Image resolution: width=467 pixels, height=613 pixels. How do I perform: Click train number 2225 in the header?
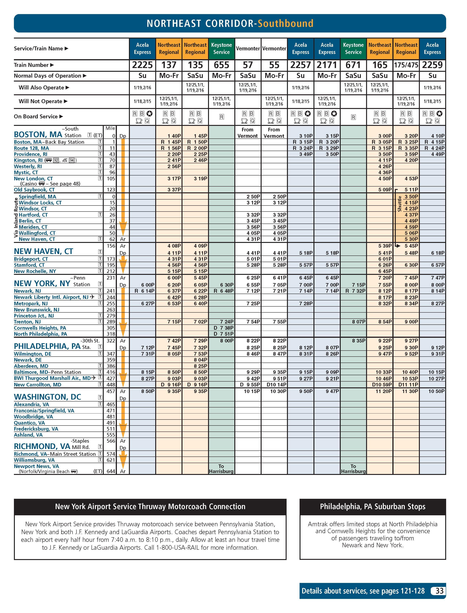(x=142, y=65)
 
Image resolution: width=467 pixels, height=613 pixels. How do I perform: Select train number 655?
(x=222, y=65)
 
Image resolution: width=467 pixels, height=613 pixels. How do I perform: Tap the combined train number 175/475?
(x=406, y=65)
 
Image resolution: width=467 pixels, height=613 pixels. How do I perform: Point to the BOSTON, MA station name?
(x=38, y=135)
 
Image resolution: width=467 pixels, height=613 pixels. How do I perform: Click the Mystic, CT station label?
(x=26, y=172)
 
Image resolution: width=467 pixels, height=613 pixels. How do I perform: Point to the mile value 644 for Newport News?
(x=111, y=471)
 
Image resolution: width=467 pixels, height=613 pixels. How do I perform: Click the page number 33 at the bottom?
(x=439, y=591)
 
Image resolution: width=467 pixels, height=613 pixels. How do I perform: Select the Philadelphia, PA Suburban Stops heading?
(x=372, y=506)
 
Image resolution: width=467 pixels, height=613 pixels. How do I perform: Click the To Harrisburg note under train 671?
(x=353, y=469)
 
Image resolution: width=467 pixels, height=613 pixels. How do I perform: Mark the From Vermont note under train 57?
(x=247, y=133)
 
